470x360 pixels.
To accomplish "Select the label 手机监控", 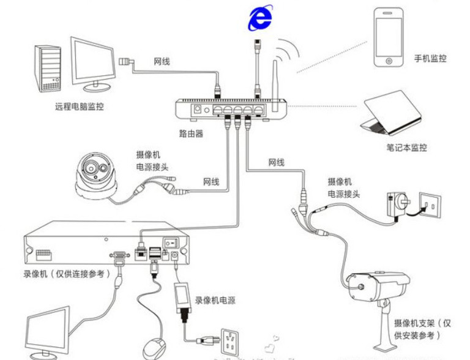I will point(430,59).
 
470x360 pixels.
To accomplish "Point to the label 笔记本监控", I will point(406,148).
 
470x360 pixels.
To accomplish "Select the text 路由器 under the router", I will point(191,133).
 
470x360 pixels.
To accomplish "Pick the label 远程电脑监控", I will point(79,107).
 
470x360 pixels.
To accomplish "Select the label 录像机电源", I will point(215,301).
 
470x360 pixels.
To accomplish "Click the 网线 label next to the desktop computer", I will point(162,61).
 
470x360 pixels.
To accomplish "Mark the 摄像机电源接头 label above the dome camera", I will point(152,160).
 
